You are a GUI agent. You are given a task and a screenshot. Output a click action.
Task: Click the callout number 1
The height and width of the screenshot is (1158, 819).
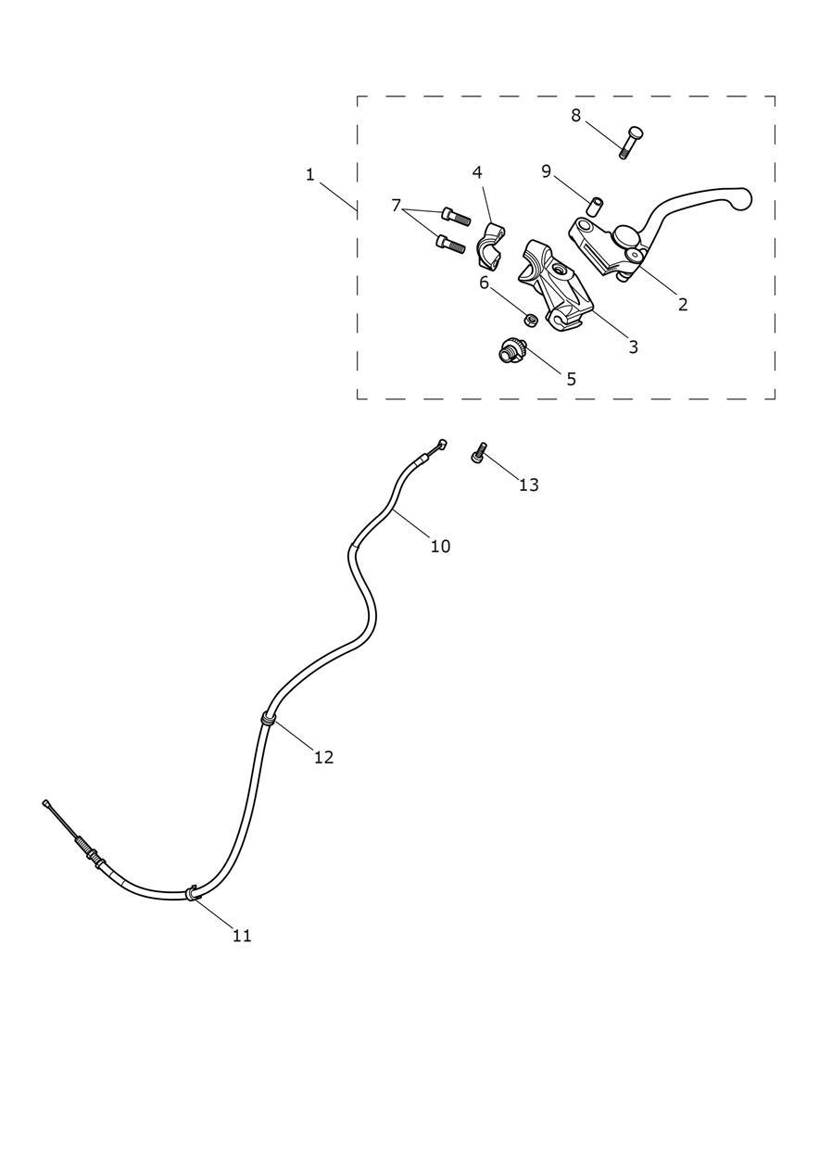pos(309,175)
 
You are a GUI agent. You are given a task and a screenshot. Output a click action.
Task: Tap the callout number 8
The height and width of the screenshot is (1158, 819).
pos(575,116)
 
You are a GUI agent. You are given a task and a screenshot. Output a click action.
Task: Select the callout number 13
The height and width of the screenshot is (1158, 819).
pos(528,485)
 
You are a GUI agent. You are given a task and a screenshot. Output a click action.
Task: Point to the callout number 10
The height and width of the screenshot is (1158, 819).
pos(440,546)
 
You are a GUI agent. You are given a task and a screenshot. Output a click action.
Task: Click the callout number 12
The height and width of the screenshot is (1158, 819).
pos(323,758)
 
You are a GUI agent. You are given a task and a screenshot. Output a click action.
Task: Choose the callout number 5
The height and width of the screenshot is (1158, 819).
pos(571,379)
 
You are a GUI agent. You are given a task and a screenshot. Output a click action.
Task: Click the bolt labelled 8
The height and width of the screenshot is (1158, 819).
pos(630,142)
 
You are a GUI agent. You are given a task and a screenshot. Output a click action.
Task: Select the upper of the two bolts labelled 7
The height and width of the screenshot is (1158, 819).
pos(456,216)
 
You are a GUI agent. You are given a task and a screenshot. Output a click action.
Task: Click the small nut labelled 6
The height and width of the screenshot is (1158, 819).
pos(530,321)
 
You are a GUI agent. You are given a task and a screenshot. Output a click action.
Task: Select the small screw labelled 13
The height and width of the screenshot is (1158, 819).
pos(479,452)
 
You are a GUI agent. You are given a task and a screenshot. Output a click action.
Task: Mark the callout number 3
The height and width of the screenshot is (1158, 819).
pos(634,346)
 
